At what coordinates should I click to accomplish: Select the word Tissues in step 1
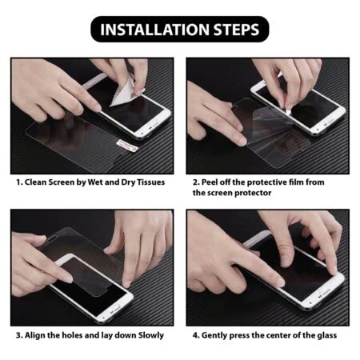pyautogui.click(x=147, y=182)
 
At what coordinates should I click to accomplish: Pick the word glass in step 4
pyautogui.click(x=324, y=335)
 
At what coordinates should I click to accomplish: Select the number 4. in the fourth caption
pyautogui.click(x=197, y=335)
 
